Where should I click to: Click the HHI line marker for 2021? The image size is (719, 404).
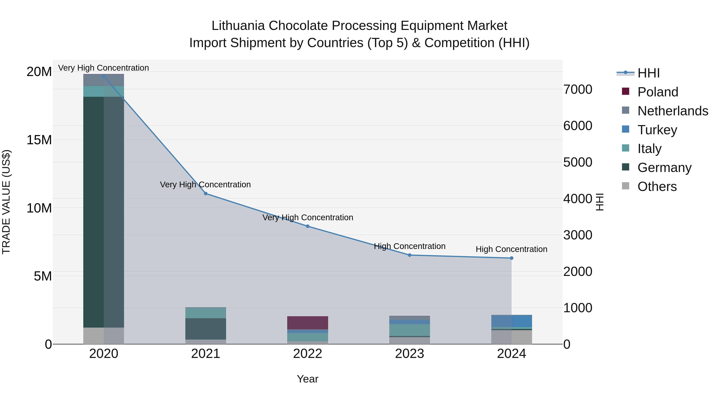click(206, 194)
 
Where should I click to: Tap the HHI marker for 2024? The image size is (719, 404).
click(512, 258)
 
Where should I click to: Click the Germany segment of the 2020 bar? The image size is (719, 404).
click(103, 212)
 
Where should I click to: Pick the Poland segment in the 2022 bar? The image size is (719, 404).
click(308, 323)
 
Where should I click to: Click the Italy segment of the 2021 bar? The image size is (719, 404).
click(206, 313)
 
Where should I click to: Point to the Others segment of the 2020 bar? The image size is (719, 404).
click(103, 336)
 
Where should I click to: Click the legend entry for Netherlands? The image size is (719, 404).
click(673, 111)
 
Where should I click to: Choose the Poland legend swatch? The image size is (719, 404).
click(626, 91)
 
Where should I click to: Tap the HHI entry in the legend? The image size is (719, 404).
click(648, 73)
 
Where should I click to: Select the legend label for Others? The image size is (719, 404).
click(657, 187)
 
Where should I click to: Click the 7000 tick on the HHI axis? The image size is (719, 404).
click(577, 90)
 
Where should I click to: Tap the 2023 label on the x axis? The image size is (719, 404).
click(409, 354)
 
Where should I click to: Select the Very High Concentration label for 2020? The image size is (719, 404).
click(103, 68)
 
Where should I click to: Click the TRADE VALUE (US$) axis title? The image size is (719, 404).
click(6, 202)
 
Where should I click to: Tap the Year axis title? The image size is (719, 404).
click(308, 379)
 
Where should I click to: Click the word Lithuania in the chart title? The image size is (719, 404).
click(238, 26)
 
